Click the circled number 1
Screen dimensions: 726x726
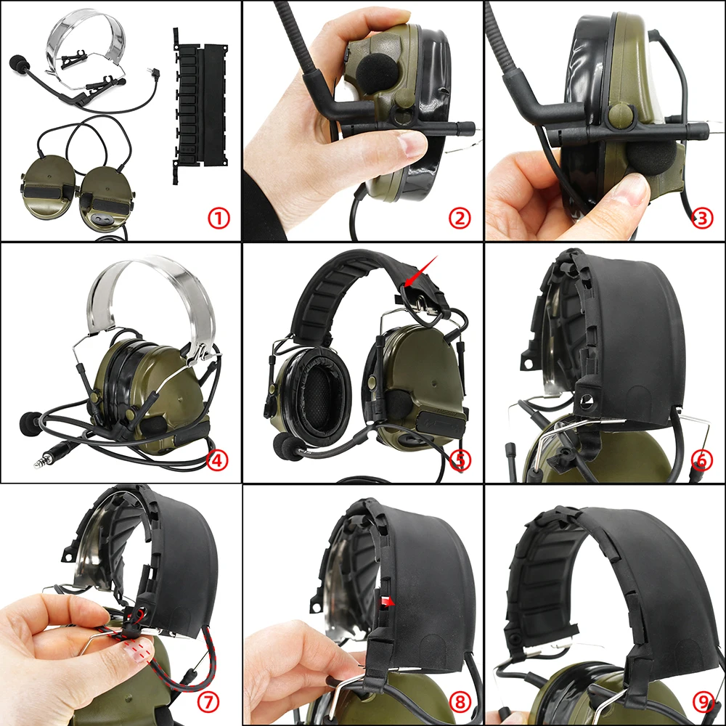click(x=218, y=217)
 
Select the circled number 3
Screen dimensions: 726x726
click(x=702, y=217)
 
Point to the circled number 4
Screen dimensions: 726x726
click(x=218, y=460)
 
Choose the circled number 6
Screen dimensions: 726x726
click(x=702, y=460)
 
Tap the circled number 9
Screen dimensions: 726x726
click(x=702, y=701)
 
